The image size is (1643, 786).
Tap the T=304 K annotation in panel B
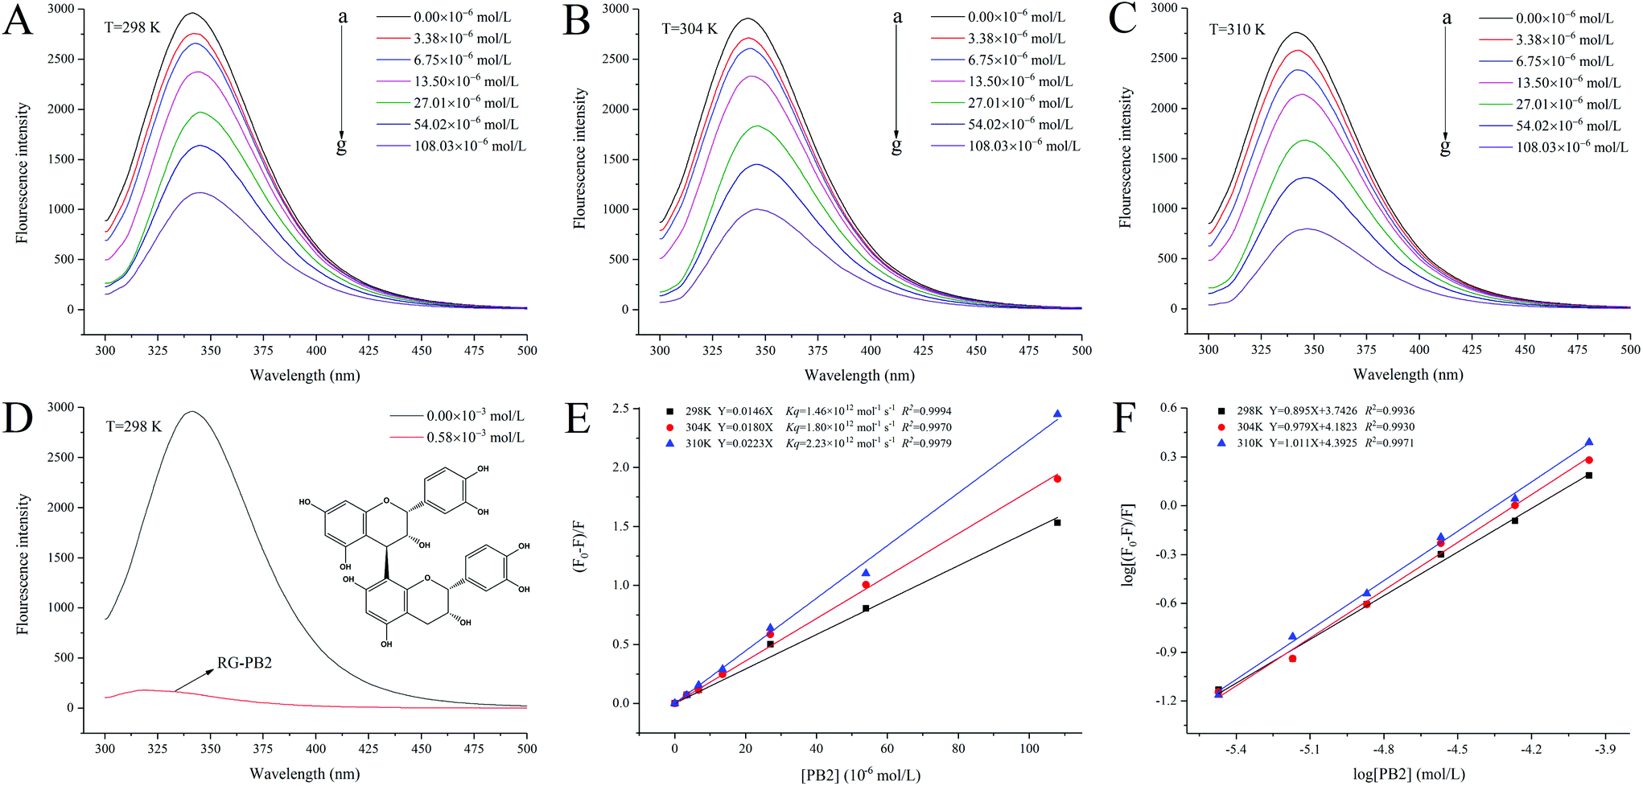(x=689, y=29)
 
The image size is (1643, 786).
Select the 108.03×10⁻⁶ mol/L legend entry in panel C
(x=1571, y=147)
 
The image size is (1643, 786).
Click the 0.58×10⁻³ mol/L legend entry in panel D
(x=475, y=437)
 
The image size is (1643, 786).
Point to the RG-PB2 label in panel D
(x=245, y=663)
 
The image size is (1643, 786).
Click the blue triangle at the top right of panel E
(x=1057, y=414)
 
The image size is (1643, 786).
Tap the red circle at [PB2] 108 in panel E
(x=1057, y=479)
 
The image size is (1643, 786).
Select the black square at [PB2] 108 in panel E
(x=1057, y=523)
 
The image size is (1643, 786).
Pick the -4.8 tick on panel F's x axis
(x=1383, y=749)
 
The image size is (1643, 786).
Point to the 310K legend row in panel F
(x=1320, y=442)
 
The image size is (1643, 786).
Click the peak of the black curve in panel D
(x=192, y=412)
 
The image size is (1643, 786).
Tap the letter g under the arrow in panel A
(x=341, y=146)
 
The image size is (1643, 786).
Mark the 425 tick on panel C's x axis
(x=1472, y=349)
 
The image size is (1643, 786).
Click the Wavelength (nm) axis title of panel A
(x=305, y=375)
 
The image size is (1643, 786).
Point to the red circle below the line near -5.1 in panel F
(x=1293, y=658)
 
